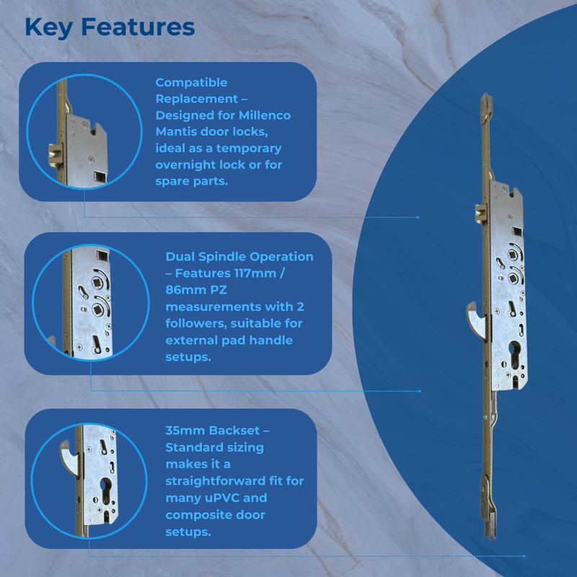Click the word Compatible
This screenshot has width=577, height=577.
tap(191, 82)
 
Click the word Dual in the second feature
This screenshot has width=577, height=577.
tap(182, 257)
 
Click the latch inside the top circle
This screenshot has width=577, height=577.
tap(54, 154)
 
